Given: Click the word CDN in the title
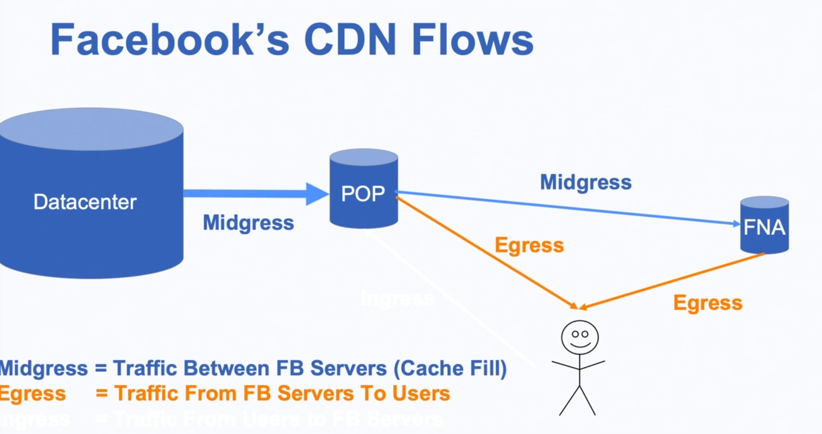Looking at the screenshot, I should click(350, 40).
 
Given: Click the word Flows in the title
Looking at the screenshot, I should click(472, 40).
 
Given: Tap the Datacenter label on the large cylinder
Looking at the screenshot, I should click(85, 202).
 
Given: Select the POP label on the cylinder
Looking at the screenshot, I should click(363, 194).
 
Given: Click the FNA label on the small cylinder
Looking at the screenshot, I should click(764, 227).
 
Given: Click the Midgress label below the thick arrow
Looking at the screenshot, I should click(248, 223).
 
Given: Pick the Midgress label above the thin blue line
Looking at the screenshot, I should click(585, 182).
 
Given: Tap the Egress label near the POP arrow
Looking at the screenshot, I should click(529, 245).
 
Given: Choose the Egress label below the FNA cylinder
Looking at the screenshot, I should click(707, 303).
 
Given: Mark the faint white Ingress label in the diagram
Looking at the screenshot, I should click(397, 299).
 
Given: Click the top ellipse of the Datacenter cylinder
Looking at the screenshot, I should click(91, 129).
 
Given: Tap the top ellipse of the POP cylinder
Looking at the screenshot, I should click(364, 157).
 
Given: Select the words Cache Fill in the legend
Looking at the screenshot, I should click(450, 368).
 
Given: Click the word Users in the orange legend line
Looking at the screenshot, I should click(421, 393).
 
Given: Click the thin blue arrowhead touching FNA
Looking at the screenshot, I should click(737, 224).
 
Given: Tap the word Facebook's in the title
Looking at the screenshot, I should click(170, 40).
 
